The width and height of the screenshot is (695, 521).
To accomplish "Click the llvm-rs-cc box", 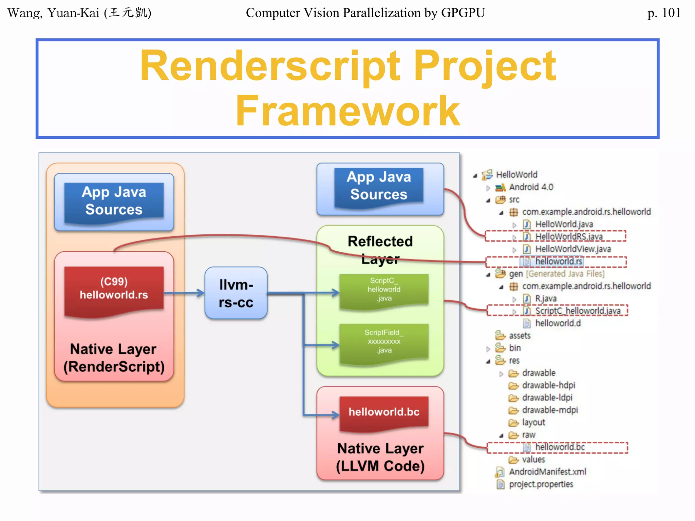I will click(x=236, y=293).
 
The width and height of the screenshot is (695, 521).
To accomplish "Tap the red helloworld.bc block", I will click(x=384, y=412).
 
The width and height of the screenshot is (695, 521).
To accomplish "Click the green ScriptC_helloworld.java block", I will click(x=384, y=290).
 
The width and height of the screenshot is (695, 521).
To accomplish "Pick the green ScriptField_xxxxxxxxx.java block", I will click(x=384, y=342).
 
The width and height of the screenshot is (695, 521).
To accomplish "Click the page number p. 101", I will click(x=663, y=13).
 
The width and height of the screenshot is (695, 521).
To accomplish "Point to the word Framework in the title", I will click(x=347, y=111).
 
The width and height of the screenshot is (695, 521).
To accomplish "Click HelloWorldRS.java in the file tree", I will click(x=569, y=236).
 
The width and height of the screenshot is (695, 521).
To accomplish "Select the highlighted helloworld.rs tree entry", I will click(x=559, y=261).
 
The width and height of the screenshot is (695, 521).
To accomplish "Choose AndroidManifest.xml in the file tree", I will click(x=547, y=472).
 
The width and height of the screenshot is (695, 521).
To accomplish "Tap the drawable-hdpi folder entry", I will click(x=548, y=385).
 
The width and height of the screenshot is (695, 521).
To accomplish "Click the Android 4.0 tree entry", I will click(x=531, y=187).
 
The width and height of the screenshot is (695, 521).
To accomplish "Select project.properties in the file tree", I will click(x=541, y=484).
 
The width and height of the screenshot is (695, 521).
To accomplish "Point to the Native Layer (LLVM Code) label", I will click(x=380, y=457).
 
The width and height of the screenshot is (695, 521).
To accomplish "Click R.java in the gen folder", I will click(x=545, y=298).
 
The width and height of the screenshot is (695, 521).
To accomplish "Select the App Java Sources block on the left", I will click(x=114, y=201).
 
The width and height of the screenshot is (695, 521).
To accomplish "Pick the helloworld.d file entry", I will click(x=558, y=323).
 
